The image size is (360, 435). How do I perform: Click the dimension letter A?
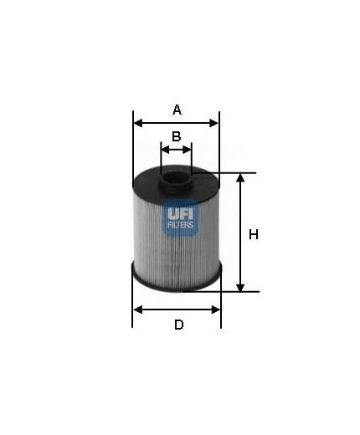177,109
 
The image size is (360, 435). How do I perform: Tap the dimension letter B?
177,136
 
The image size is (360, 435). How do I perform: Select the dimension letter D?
177,325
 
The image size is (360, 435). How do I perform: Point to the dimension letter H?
254,235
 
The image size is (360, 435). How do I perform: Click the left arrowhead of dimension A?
137,123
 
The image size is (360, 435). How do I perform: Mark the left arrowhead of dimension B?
164,151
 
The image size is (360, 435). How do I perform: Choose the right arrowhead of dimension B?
188,151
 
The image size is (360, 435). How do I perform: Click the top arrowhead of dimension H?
241,177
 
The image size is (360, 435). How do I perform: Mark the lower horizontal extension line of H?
234,292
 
